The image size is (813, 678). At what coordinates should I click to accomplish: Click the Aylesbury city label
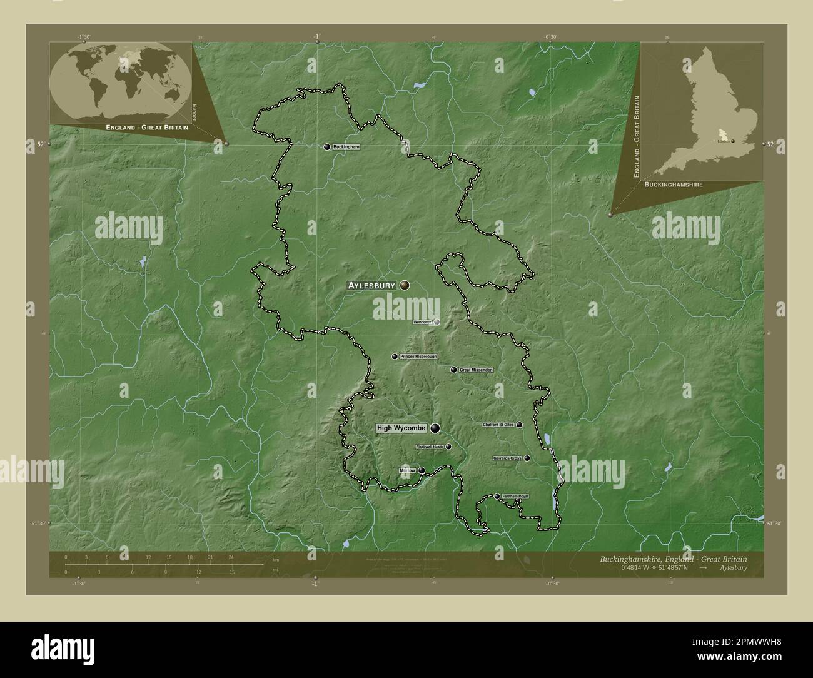click(371, 285)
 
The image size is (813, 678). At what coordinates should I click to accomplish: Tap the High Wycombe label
click(401, 428)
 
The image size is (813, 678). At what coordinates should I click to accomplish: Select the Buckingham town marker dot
click(327, 147)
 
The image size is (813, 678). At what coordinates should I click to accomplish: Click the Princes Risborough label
click(418, 357)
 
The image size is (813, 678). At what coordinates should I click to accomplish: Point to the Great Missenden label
click(476, 370)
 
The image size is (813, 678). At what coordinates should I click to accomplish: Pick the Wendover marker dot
click(437, 322)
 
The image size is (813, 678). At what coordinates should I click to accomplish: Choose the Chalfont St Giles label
click(498, 425)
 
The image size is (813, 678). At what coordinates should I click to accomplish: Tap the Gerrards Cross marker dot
click(527, 458)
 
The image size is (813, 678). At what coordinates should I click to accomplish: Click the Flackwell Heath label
click(430, 447)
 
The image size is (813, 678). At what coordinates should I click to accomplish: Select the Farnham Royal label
click(515, 497)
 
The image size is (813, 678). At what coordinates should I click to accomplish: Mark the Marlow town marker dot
click(422, 470)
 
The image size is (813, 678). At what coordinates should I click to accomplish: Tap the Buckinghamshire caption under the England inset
click(673, 185)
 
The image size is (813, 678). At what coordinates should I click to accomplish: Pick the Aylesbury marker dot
click(405, 285)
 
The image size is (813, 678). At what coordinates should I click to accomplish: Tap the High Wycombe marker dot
click(434, 428)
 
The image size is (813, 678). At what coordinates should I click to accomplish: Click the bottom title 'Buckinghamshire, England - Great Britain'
click(672, 558)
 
